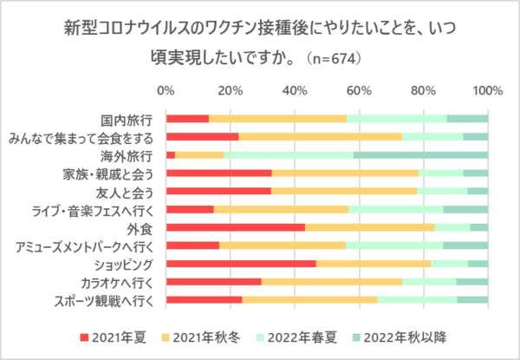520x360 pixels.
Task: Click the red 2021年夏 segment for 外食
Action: [x=235, y=227]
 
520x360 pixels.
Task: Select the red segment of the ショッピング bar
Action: [x=241, y=264]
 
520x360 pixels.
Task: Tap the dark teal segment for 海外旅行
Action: [x=420, y=155]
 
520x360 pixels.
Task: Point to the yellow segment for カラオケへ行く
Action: [x=332, y=282]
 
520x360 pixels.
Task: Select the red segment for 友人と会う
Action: [x=218, y=192]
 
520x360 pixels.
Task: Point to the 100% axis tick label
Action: [x=488, y=91]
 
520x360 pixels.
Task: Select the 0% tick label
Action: [x=166, y=91]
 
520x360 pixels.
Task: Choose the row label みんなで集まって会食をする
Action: [x=81, y=137]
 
